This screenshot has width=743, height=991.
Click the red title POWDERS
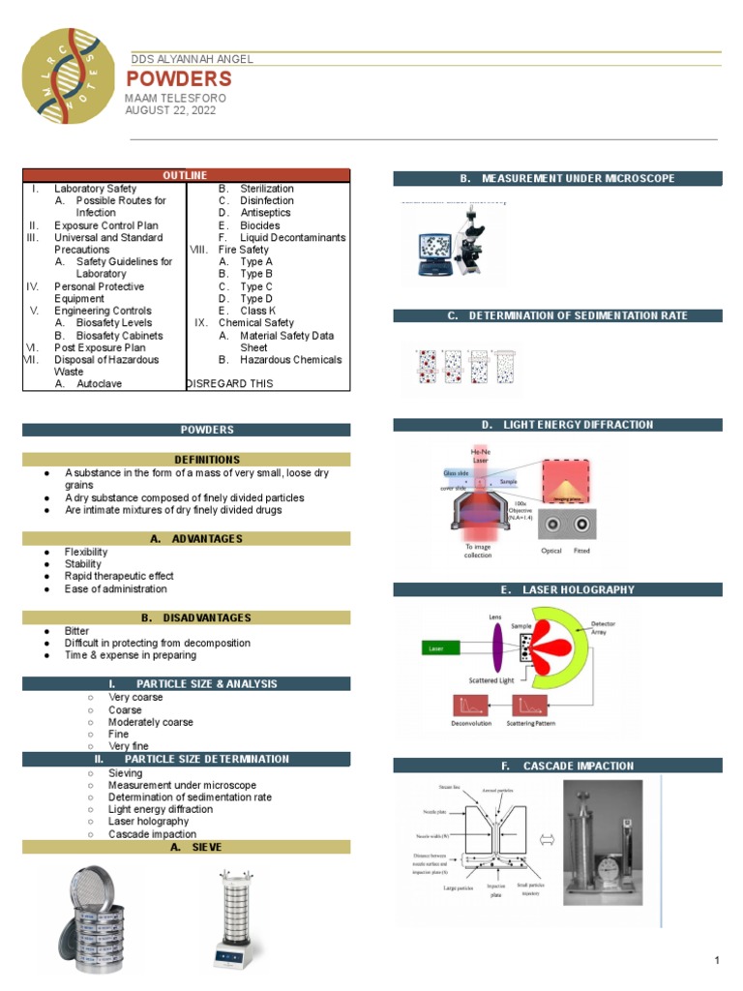[179, 79]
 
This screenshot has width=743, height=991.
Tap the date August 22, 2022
[170, 110]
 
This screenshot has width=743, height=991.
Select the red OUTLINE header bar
[185, 175]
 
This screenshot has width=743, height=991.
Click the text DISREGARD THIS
[229, 384]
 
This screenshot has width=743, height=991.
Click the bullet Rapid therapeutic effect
[119, 577]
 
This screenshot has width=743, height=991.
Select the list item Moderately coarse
[150, 722]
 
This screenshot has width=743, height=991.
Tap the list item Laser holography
[149, 822]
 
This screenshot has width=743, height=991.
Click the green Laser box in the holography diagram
[439, 648]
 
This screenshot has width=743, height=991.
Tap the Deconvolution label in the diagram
[471, 723]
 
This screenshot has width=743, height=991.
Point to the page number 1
[717, 960]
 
